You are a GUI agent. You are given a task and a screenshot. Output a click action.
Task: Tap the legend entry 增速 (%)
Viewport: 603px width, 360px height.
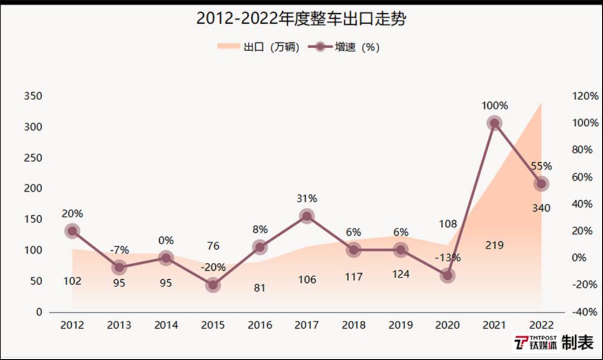[x=344, y=47]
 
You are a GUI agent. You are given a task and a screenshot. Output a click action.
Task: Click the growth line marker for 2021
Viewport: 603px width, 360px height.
[x=494, y=123]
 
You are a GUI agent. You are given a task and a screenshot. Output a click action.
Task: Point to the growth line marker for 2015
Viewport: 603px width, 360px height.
[x=213, y=285]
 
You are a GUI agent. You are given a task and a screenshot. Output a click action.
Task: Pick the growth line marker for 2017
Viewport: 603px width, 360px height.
[x=306, y=216]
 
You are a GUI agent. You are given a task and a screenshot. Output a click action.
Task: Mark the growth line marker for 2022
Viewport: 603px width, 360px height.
[x=541, y=184]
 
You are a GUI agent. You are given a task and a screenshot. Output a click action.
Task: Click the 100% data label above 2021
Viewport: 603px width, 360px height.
[x=494, y=106]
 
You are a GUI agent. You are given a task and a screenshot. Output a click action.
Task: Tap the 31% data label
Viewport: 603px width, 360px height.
[x=306, y=198]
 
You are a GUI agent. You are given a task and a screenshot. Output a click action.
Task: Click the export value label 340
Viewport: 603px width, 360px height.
[x=541, y=209]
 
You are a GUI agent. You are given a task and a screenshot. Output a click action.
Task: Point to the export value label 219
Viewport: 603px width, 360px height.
[x=494, y=245]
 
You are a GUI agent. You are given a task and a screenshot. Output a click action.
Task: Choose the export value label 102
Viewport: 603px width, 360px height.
[x=72, y=280]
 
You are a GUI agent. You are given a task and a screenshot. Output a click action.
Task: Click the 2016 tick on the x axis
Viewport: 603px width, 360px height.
[x=260, y=326]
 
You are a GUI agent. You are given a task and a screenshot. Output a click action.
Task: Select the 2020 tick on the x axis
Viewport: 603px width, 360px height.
[x=447, y=326]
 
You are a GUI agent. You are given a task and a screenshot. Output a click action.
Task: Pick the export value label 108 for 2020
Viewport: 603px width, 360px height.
[x=447, y=224]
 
